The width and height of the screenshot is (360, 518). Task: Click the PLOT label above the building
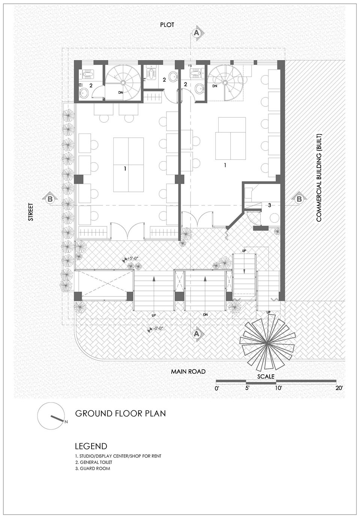click(167, 25)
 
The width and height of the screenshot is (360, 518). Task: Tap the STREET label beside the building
click(31, 212)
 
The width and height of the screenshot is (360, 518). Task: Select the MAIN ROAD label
click(188, 371)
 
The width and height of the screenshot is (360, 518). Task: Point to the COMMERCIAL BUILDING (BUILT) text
click(319, 178)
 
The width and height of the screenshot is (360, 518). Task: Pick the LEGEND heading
click(91, 446)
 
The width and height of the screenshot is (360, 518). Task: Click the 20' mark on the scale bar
click(339, 388)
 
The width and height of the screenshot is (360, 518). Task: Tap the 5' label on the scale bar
click(247, 388)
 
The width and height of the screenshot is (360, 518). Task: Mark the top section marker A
click(197, 33)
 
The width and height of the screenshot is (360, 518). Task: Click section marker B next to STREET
click(50, 198)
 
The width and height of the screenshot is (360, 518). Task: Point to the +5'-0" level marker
click(131, 259)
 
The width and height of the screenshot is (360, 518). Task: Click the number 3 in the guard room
click(270, 205)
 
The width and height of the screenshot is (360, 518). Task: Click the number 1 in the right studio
click(225, 165)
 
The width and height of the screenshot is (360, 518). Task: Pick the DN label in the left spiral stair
click(120, 93)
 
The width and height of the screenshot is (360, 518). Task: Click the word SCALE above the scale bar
click(266, 377)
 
